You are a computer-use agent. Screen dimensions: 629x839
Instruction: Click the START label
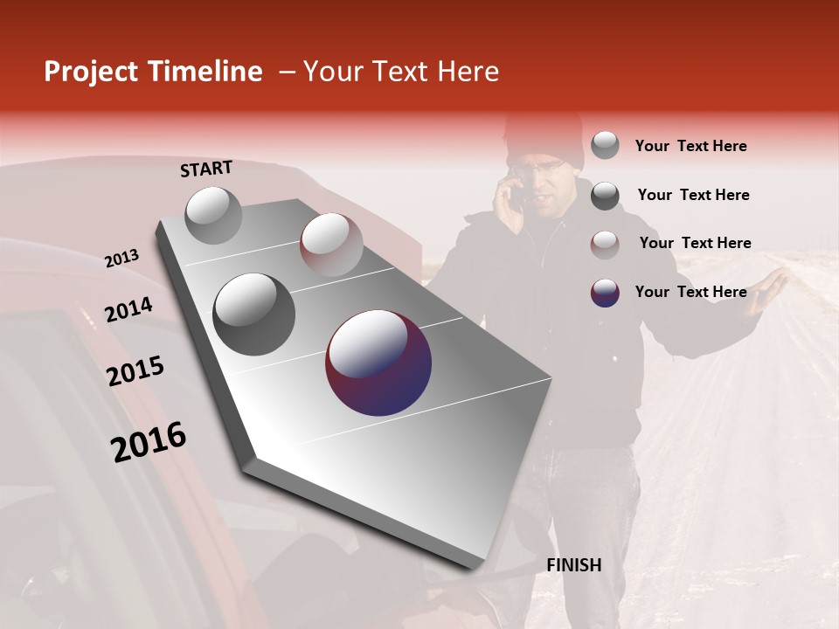206,169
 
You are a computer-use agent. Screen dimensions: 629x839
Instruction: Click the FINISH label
573,565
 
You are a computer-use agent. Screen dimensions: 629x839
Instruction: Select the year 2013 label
121,258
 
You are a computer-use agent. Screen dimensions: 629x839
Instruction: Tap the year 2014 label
128,309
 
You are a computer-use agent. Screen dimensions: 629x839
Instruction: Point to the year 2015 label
135,371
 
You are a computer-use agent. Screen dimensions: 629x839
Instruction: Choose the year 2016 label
149,442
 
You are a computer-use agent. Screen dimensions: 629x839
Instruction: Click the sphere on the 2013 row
214,215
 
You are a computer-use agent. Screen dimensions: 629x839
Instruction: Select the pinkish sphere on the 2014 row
331,244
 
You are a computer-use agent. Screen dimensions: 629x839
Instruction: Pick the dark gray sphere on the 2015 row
254,314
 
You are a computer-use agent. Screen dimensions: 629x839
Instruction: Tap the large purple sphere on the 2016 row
378,363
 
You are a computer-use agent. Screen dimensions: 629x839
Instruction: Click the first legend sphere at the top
605,146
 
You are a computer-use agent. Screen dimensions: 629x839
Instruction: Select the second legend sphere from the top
605,196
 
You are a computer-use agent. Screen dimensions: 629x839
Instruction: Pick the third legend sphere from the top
605,244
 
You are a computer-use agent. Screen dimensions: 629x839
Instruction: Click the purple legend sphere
605,293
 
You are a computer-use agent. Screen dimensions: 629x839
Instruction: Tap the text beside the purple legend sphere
690,292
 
